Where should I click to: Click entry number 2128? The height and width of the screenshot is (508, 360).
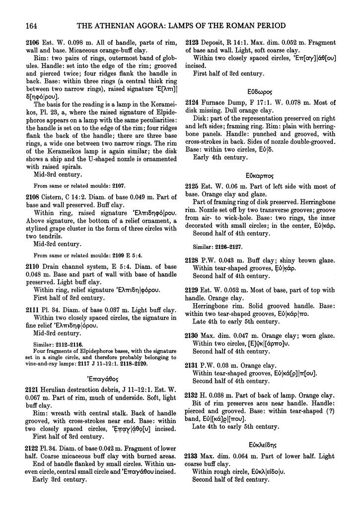coord(193,257)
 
